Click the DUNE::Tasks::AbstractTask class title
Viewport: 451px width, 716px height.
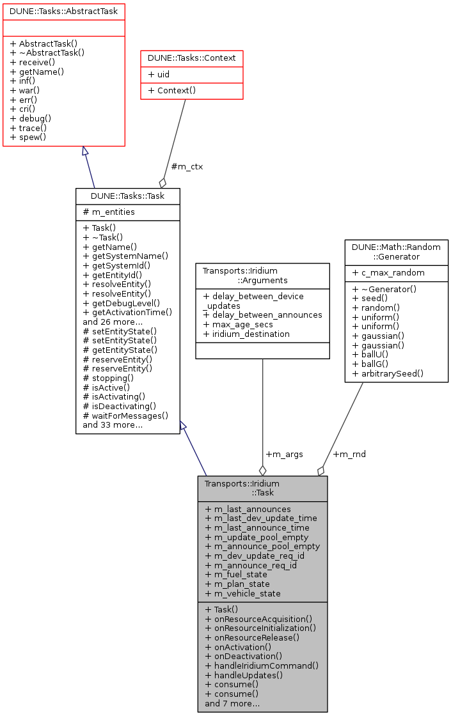coord(63,10)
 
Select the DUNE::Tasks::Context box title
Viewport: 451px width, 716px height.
coord(192,58)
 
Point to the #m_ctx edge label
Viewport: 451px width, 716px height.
coord(187,167)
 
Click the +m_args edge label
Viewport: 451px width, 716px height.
coord(284,454)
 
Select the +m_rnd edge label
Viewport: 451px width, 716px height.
coord(349,454)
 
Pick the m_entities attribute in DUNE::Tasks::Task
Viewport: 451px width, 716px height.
coord(109,212)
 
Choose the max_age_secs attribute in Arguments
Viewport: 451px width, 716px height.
coord(238,324)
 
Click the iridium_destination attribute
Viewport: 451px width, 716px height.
coord(246,334)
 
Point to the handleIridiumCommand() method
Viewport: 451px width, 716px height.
coord(262,665)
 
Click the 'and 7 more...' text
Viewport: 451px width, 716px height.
coord(232,703)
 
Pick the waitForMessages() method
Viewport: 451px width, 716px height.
coord(125,416)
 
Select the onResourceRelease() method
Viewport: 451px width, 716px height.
coord(252,637)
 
